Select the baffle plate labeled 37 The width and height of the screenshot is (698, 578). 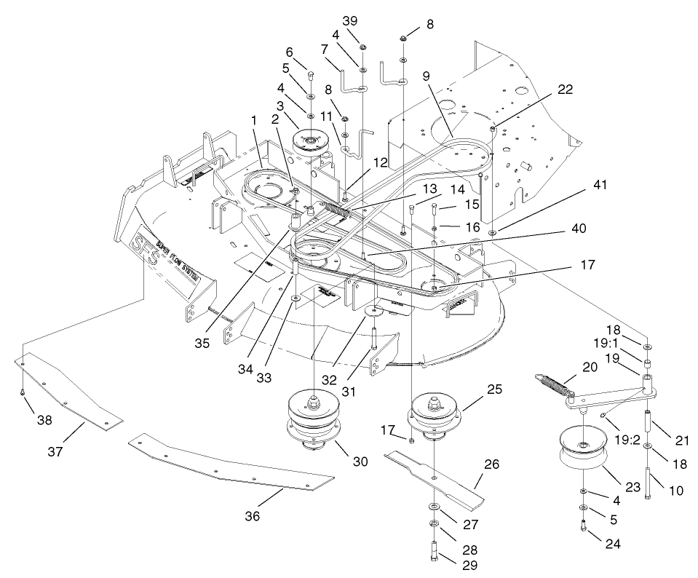click(x=69, y=393)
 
